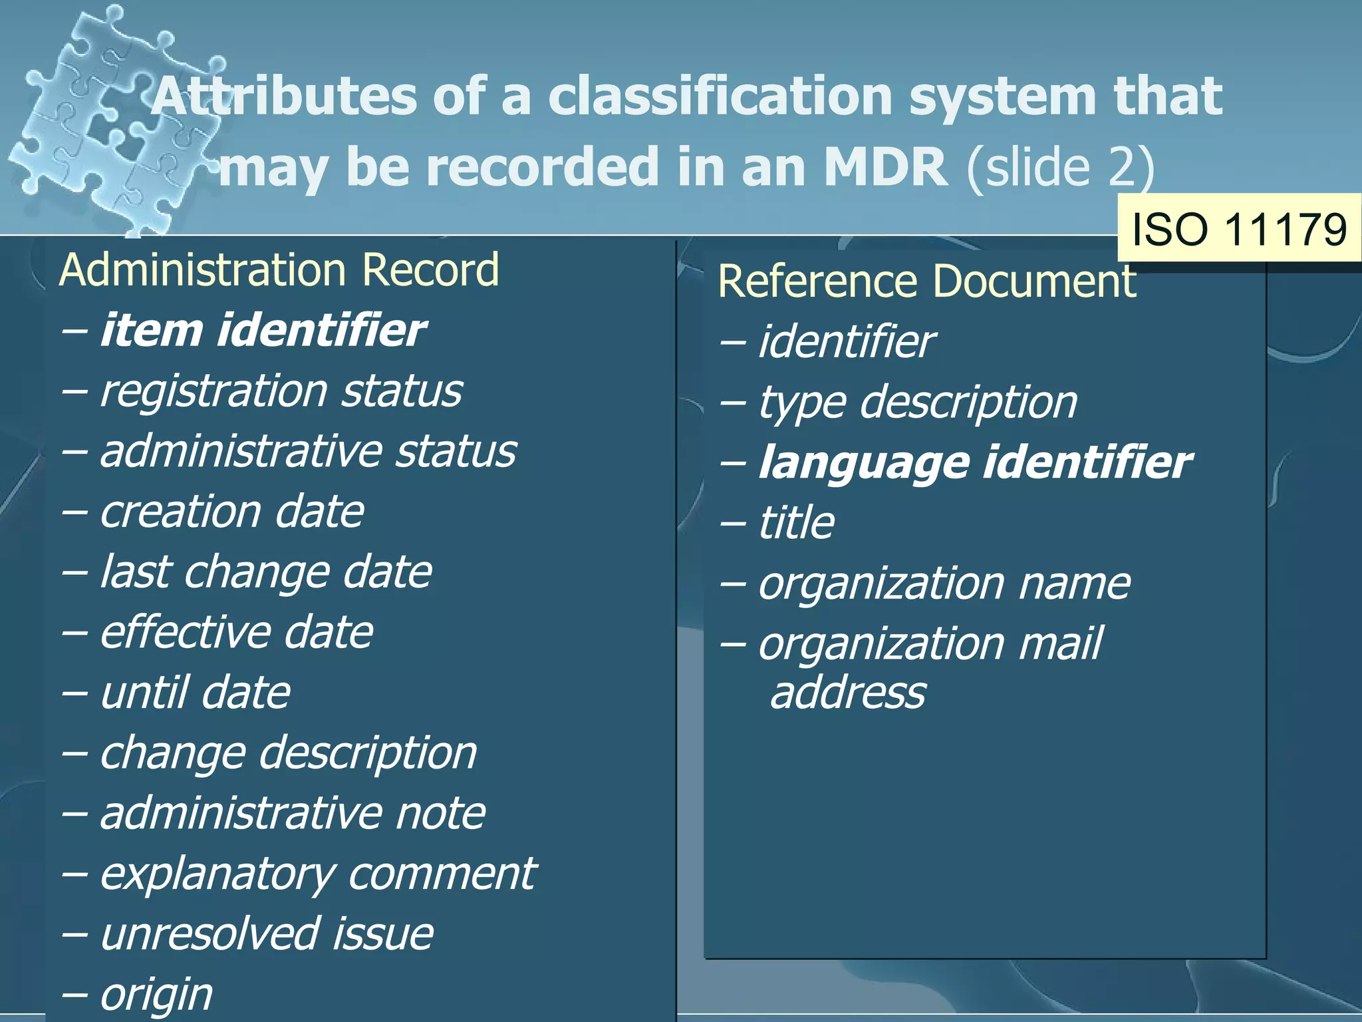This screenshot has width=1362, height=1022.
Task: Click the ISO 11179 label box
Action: pos(1239,230)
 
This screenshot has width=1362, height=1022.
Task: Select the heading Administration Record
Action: pos(279,270)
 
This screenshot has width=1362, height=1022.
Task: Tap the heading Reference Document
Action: pos(926,281)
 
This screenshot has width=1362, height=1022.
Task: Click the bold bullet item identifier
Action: pos(262,331)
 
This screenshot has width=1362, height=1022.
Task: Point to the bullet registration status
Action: pos(281,391)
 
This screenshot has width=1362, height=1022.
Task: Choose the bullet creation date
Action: pos(231,512)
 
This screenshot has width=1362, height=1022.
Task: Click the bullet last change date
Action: pos(265,572)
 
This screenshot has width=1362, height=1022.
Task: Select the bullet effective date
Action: pos(236,632)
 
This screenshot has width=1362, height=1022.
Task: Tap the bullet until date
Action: pos(195,693)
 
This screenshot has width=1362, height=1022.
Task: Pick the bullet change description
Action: pos(288,753)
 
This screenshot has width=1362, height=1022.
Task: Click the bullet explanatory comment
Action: pos(317,874)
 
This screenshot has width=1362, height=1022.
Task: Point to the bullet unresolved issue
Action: pos(266,934)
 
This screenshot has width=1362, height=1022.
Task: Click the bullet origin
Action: pos(156,994)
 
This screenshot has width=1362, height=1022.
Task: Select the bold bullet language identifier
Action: pos(975,462)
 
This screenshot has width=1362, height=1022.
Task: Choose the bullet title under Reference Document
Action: pos(796,522)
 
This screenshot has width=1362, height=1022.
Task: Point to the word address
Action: pos(847,693)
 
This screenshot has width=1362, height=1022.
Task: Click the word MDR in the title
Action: pos(885,166)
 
